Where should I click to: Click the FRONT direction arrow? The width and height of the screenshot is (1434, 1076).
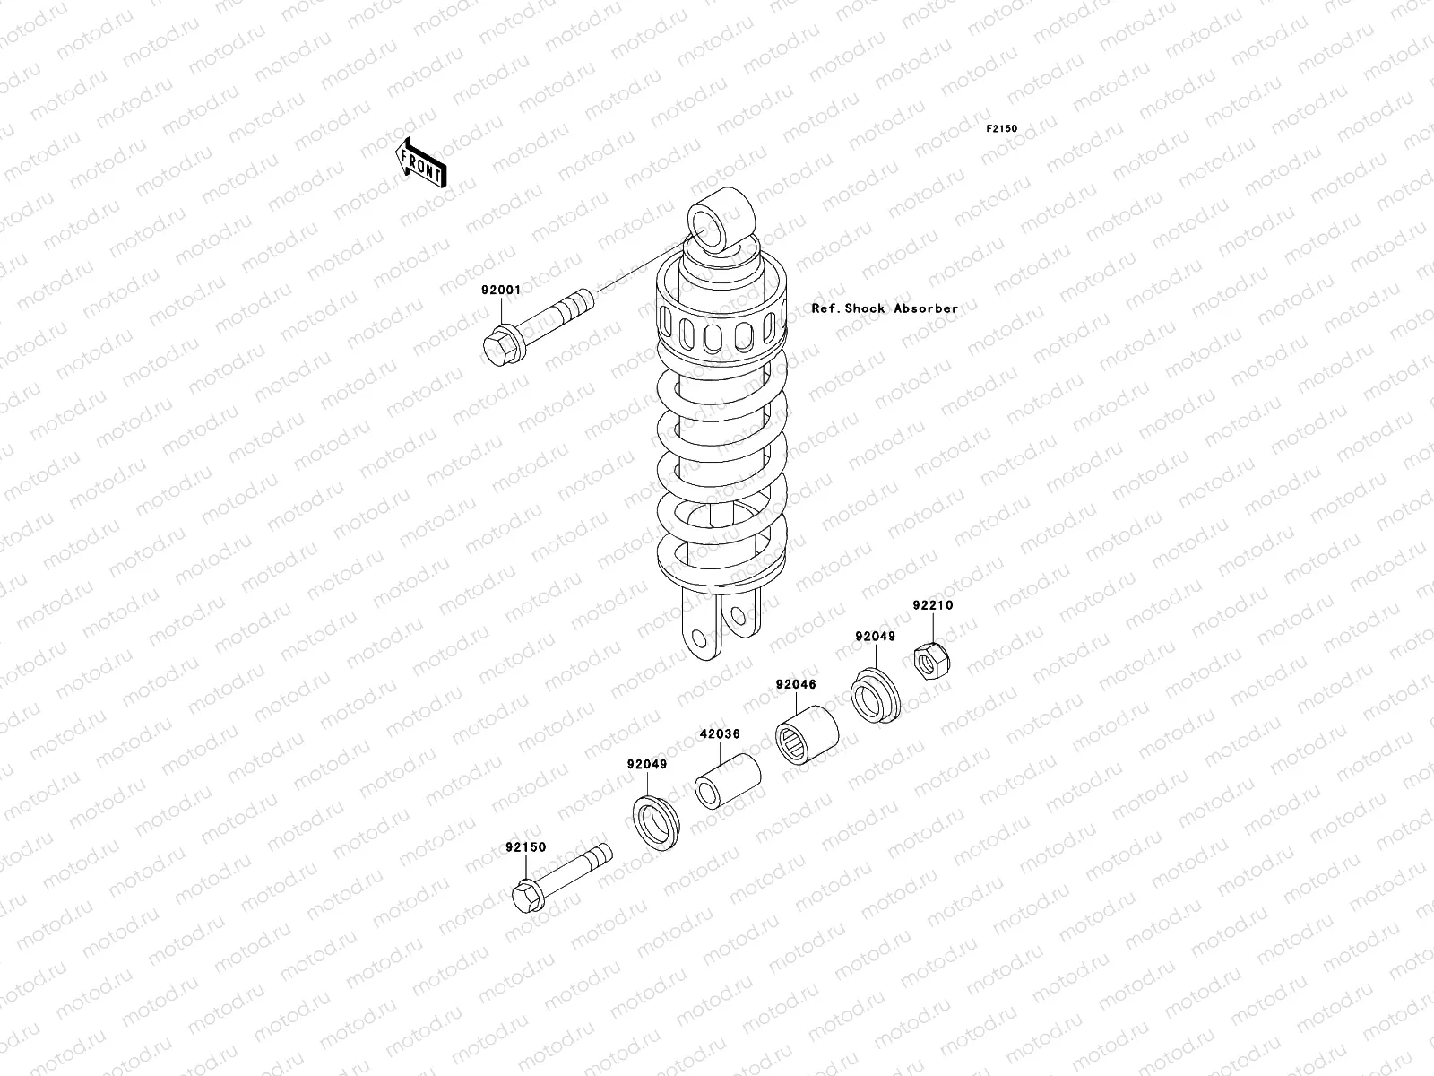click(420, 163)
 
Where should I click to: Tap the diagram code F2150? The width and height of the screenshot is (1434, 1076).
click(1001, 129)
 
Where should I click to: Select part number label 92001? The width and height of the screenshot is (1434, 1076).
click(501, 290)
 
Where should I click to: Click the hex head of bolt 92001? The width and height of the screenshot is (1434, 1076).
click(501, 347)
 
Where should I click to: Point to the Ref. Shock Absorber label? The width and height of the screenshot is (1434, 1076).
click(885, 308)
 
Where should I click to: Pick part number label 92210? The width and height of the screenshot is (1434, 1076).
click(933, 605)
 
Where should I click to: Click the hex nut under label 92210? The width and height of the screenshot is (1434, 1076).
click(931, 661)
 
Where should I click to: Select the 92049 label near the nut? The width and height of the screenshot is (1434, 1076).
click(876, 637)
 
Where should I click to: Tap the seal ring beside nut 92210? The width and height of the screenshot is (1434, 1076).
click(876, 696)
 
